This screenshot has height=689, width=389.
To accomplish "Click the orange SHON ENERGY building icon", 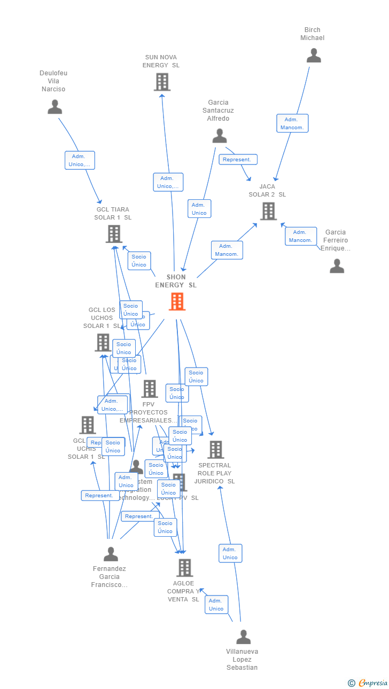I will [x=177, y=302].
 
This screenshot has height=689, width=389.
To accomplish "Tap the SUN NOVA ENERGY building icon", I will [x=162, y=82].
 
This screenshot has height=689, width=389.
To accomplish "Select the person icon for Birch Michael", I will [x=314, y=56].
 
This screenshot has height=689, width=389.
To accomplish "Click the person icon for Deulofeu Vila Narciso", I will [x=55, y=107].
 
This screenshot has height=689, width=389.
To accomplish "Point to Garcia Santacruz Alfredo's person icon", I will [x=219, y=136].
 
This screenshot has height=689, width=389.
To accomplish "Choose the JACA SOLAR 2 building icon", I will [x=268, y=211].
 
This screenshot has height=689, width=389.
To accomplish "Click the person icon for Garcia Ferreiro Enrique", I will [x=337, y=266].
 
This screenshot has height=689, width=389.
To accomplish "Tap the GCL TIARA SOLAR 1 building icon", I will [x=114, y=234].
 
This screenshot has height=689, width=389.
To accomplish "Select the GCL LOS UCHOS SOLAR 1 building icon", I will [x=103, y=342].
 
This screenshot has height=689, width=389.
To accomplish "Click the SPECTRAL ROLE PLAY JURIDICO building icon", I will [x=215, y=450].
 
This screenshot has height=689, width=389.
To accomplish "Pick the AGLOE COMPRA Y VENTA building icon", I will [x=184, y=568].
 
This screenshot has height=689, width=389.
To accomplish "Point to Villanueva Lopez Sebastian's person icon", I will [x=243, y=637].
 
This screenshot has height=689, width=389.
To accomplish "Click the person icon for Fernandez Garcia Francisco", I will [x=111, y=554].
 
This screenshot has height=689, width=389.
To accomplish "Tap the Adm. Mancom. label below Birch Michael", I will [x=292, y=123].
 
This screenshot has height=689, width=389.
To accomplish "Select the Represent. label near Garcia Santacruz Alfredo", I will [x=238, y=160].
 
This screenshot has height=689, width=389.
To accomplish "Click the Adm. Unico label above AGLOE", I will [x=216, y=605].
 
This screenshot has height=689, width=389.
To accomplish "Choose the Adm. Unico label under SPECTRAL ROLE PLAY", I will [x=230, y=553].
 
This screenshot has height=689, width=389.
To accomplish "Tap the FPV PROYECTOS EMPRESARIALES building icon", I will [x=150, y=389].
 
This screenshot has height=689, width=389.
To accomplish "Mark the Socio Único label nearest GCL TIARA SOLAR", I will [x=139, y=261].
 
